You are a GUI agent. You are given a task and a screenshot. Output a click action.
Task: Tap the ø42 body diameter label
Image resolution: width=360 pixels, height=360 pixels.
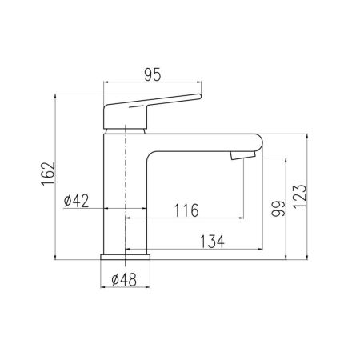(75, 201)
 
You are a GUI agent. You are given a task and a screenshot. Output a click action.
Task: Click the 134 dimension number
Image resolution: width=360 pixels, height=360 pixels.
(211, 240)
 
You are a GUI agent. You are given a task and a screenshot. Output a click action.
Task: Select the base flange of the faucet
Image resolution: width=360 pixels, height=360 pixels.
(126, 258)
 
